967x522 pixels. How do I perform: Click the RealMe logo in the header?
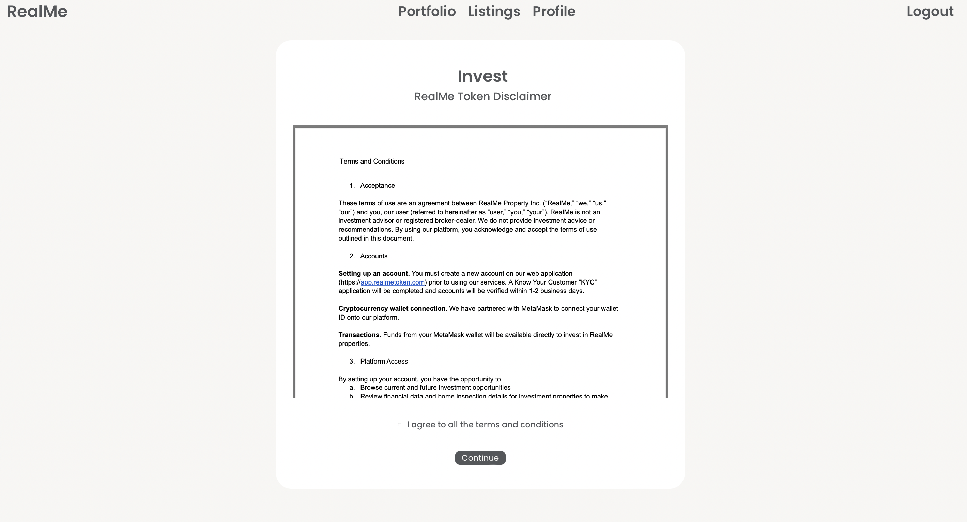[x=37, y=12]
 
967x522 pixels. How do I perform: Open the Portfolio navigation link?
[x=427, y=12]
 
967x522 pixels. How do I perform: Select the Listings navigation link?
[x=494, y=12]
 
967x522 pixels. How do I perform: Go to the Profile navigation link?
[x=554, y=12]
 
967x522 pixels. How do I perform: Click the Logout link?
[x=930, y=12]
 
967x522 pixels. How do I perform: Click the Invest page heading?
[x=482, y=76]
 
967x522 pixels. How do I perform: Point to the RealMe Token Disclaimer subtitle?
[x=482, y=96]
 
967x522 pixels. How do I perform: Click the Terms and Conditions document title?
[x=372, y=162]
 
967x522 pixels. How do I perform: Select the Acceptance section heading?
[x=377, y=185]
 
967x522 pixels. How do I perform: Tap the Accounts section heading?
[x=373, y=256]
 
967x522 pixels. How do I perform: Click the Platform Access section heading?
[x=384, y=362]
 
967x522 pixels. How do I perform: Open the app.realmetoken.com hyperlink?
[x=392, y=282]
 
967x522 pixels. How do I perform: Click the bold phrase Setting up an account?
[x=374, y=274]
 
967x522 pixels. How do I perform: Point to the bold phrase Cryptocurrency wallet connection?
[x=393, y=308]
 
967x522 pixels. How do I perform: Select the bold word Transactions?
[x=359, y=335]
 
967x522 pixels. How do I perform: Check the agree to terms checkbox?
[x=399, y=425]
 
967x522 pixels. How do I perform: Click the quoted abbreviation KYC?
[x=587, y=282]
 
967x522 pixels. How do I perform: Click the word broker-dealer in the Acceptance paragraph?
[x=455, y=221]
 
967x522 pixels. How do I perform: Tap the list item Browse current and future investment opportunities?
[x=435, y=388]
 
